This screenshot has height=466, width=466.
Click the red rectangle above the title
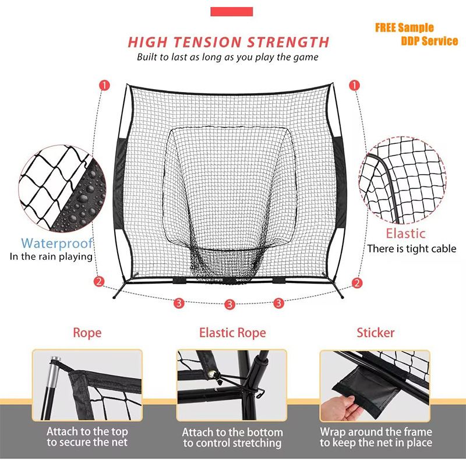coord(231,12)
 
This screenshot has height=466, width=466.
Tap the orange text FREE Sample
coord(404,27)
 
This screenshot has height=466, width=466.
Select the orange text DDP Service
coord(429,41)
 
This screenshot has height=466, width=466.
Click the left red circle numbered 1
coord(104,85)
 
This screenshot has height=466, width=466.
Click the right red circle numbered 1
coord(354,85)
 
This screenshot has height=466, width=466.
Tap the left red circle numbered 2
coord(99,281)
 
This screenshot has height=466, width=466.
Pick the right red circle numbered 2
coord(357,283)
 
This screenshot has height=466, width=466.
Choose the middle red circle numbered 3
coord(230,304)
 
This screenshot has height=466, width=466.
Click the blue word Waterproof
coord(57,243)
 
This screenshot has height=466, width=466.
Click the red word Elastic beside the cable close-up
coord(405,234)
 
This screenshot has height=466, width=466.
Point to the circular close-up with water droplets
coord(62,189)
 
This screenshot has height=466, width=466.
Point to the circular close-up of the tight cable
coord(403,180)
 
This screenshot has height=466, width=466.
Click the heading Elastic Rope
coord(232,333)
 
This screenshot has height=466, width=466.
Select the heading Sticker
coord(376,333)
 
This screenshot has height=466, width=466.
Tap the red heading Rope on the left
coord(87,333)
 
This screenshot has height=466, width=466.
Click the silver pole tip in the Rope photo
coord(55,366)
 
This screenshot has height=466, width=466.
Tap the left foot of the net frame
coord(115,296)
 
